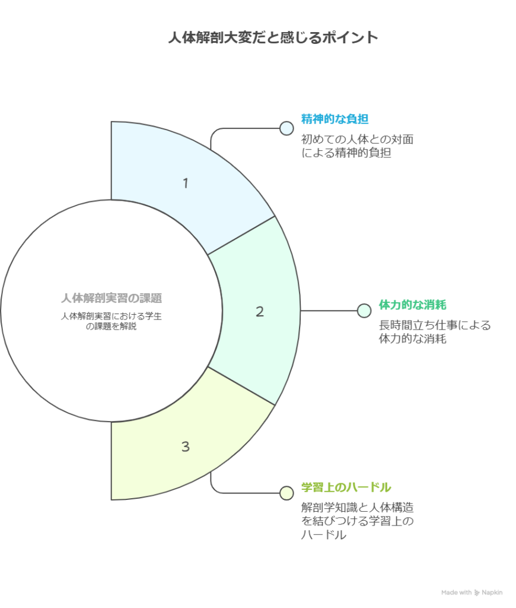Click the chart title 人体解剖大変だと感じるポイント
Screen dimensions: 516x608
click(273, 37)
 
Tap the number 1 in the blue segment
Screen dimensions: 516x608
click(186, 183)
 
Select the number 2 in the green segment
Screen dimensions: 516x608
click(260, 311)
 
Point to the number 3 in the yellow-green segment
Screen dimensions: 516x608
click(186, 446)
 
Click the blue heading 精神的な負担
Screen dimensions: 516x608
click(335, 119)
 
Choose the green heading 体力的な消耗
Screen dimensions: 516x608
click(413, 305)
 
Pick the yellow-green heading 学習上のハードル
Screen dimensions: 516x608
click(346, 487)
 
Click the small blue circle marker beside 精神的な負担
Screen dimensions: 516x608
click(286, 128)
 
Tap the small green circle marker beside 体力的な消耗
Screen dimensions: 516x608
click(364, 311)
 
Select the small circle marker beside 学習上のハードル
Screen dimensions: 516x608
click(286, 493)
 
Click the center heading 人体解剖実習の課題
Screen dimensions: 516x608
click(112, 298)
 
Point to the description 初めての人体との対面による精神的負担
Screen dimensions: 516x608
click(357, 146)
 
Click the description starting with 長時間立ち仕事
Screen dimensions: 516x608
click(435, 332)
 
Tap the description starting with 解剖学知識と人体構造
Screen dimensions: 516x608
click(357, 521)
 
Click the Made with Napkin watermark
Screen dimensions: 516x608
click(472, 593)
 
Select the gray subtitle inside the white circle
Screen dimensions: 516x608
click(112, 321)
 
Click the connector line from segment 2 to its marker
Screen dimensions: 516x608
click(329, 311)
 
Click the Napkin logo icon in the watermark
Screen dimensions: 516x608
click(477, 593)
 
